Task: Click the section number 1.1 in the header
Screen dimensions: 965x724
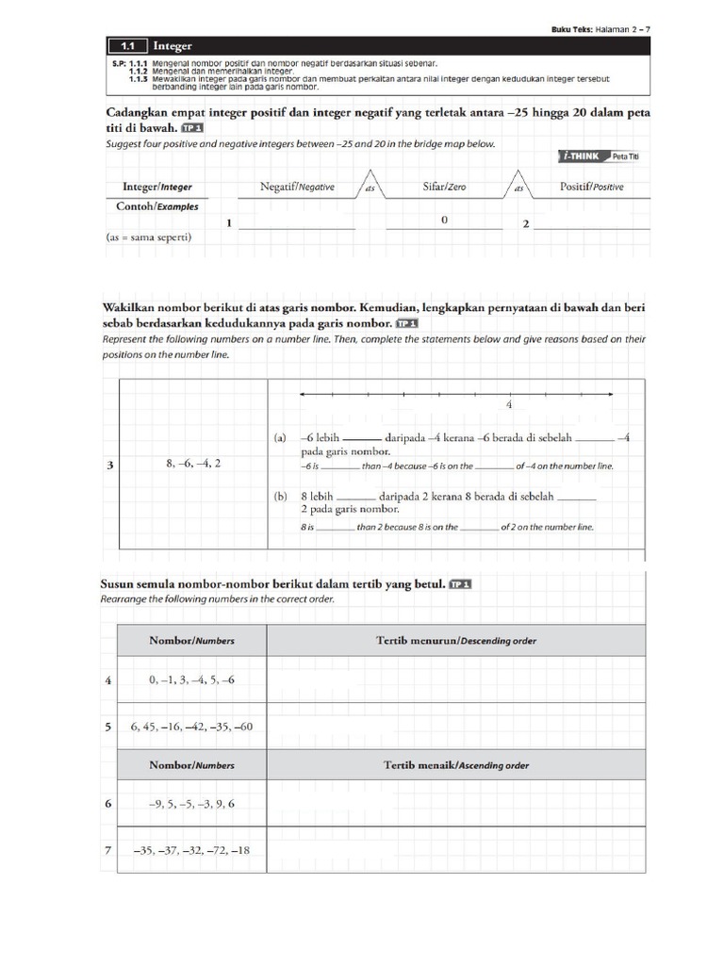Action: click(x=124, y=44)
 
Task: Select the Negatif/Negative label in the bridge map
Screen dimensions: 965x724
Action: click(x=297, y=187)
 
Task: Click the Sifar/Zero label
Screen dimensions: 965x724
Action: click(x=444, y=187)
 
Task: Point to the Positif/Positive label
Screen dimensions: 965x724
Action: click(x=591, y=187)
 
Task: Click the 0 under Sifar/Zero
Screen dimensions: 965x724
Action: click(x=444, y=220)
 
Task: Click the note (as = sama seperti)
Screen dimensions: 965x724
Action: click(x=149, y=237)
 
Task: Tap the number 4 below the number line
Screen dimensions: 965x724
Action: click(x=509, y=404)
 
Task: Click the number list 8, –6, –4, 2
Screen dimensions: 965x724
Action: click(x=192, y=464)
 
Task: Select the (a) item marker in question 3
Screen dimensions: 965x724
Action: click(x=280, y=438)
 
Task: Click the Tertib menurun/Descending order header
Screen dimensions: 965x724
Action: click(x=456, y=641)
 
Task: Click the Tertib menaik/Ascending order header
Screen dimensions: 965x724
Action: click(x=456, y=765)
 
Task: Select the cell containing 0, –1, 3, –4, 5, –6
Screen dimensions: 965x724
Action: click(x=191, y=679)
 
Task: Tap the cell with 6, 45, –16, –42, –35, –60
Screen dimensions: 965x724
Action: click(x=191, y=727)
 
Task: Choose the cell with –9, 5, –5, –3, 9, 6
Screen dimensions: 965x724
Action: click(x=191, y=804)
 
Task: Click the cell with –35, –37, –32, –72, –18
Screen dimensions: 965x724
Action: click(x=191, y=851)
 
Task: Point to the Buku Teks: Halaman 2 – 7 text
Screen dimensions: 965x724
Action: click(x=601, y=29)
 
